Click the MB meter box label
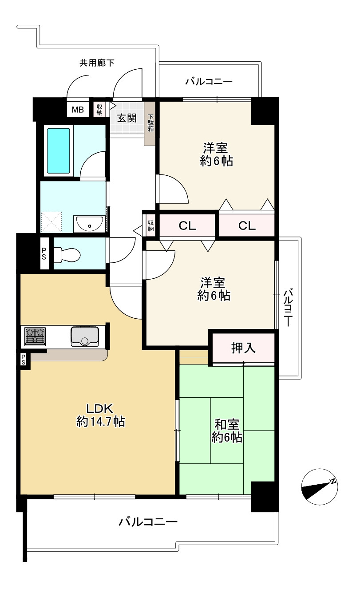pos(78,109)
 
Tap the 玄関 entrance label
pos(127,118)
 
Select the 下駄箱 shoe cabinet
pos(150,123)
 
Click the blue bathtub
pos(59,150)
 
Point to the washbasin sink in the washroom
pos(89,224)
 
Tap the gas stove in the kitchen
pos(35,336)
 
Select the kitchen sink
pos(85,336)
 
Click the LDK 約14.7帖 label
pos(100,415)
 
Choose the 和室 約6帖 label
pos(227,431)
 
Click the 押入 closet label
pos(243,348)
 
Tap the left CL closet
pos(187,225)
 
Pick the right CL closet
pos(247,225)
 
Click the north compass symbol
pos(320,487)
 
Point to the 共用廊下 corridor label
pos(97,63)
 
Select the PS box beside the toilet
pos(44,253)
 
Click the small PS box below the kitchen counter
pos(24,360)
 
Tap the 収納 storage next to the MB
pos(99,109)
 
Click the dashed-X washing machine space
pos(51,222)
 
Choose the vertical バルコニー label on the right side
pos(289,308)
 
